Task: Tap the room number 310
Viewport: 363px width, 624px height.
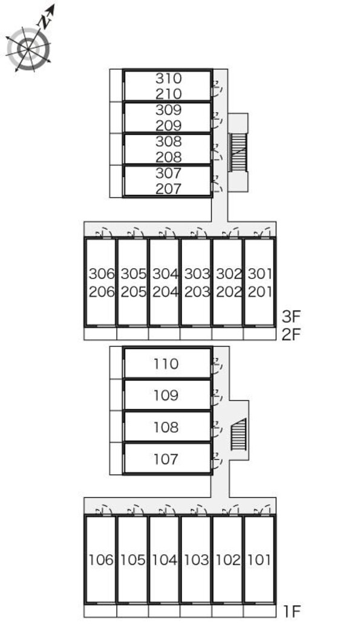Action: pos(168,78)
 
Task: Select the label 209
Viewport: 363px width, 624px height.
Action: pos(168,126)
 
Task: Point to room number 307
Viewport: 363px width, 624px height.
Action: pos(168,173)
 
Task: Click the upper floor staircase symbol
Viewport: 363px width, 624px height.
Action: pos(240,153)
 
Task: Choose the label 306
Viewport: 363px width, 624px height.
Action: pos(101,274)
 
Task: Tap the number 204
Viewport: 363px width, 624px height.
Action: pos(165,291)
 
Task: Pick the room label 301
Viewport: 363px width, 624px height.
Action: pos(259,274)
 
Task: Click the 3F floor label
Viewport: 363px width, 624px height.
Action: pos(292,317)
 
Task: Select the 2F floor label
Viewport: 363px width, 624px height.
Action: pos(292,333)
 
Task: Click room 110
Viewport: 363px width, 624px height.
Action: pos(166,364)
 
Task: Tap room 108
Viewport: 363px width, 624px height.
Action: pos(166,427)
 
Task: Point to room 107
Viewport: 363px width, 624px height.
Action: pos(166,459)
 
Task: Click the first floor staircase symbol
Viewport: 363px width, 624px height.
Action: pos(240,435)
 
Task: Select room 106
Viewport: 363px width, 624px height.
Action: pos(101,560)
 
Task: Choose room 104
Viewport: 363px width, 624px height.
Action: pos(165,560)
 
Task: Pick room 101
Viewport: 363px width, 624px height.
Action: pos(259,560)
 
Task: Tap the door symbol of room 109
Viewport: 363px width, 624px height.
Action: pos(216,396)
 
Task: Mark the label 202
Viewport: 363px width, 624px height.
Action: pos(228,291)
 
